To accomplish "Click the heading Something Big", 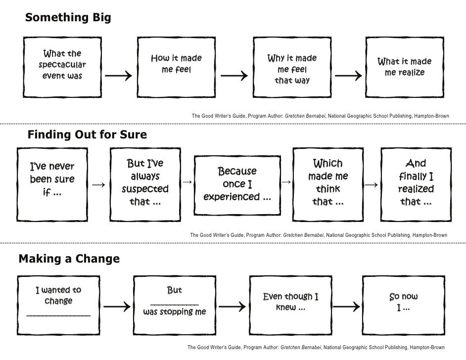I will [68, 18].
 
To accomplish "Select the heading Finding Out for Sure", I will [87, 135].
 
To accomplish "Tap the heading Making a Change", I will [69, 259].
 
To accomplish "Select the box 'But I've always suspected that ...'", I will [145, 182].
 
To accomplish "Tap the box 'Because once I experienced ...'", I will [237, 184].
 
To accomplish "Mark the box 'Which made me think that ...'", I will [328, 182].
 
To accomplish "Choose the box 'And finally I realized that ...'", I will [416, 182].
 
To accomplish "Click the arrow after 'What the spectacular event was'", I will [118, 76].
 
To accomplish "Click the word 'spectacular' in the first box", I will [62, 65].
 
